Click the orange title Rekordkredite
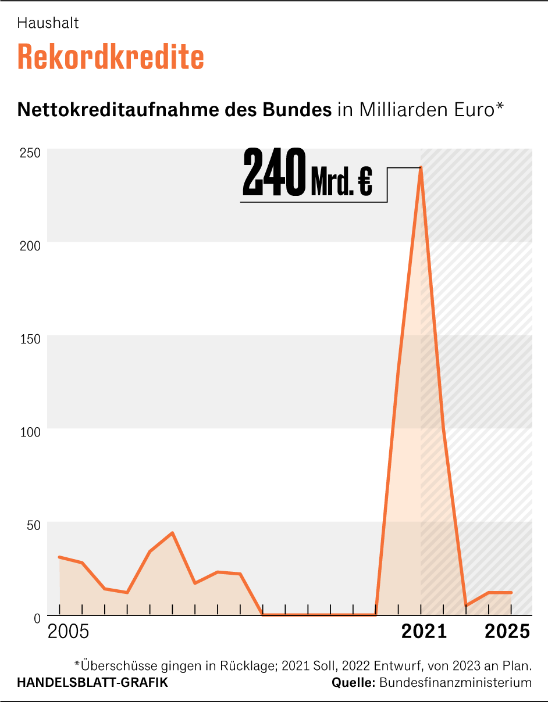(x=111, y=57)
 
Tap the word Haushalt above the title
(x=48, y=23)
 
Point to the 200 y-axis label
(x=30, y=245)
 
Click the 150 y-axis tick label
(x=30, y=339)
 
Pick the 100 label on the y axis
(x=30, y=432)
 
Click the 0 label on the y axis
(x=37, y=618)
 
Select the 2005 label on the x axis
(x=68, y=632)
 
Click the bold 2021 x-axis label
(x=424, y=632)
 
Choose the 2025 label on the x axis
(x=508, y=632)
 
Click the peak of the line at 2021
(x=421, y=168)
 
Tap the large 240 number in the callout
(x=273, y=173)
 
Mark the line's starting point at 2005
(x=60, y=557)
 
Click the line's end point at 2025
(x=511, y=592)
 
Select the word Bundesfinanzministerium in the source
(x=456, y=683)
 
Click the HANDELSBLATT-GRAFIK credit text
(x=92, y=683)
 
